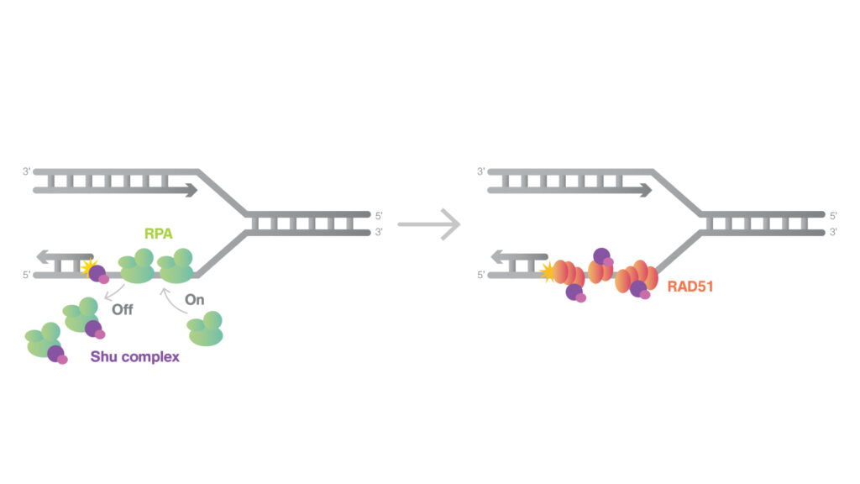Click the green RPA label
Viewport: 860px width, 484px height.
[156, 234]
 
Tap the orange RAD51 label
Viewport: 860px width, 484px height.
[691, 287]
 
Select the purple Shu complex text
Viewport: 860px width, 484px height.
[135, 356]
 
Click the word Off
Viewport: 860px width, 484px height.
[123, 309]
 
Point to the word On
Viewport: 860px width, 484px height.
[194, 300]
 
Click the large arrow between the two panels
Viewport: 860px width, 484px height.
[429, 224]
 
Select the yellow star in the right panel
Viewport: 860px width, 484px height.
[548, 271]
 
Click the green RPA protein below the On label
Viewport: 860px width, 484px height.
[206, 329]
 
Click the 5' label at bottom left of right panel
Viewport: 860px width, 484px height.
[480, 274]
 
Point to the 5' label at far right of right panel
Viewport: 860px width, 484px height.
[832, 216]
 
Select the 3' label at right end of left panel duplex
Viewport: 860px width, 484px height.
[379, 231]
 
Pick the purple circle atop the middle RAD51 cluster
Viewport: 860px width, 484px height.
[601, 255]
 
